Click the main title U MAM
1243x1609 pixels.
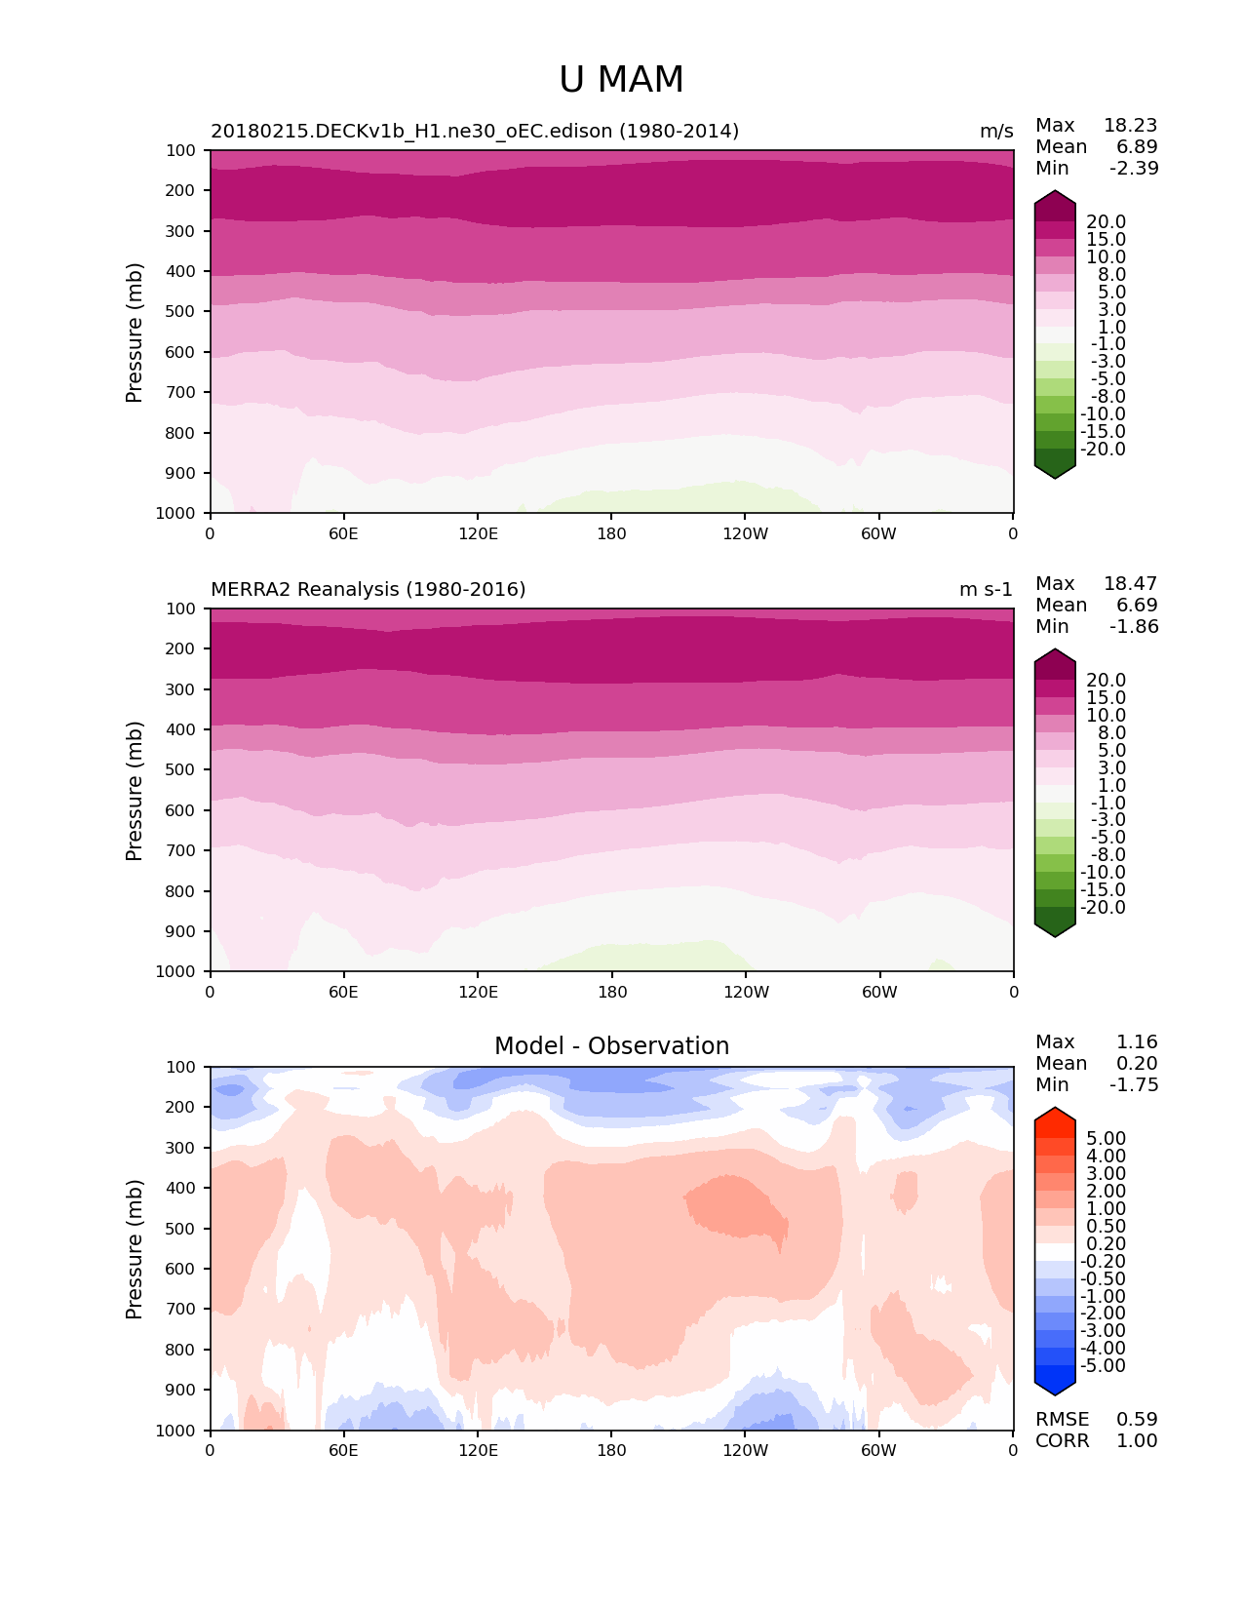click(621, 80)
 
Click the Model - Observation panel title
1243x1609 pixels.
click(611, 1046)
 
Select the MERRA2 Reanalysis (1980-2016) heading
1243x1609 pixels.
click(369, 589)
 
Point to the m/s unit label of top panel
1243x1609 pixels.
click(996, 131)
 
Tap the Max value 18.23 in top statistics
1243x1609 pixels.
click(1130, 125)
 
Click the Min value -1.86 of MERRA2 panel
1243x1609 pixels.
click(1134, 626)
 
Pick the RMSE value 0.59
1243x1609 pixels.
click(1137, 1419)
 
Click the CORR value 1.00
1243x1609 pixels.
click(1137, 1440)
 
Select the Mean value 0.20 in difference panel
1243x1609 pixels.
click(1137, 1063)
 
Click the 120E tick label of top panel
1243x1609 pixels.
click(478, 533)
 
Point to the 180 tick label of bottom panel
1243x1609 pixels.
click(611, 1450)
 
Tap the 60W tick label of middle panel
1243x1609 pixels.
click(879, 992)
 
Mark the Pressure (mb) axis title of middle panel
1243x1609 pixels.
click(135, 790)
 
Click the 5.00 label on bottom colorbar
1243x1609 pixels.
click(1106, 1138)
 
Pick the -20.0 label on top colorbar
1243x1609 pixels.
click(1104, 450)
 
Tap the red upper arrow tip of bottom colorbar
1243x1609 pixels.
click(1055, 1113)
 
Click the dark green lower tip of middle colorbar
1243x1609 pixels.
click(1055, 930)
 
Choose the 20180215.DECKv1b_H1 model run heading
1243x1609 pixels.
click(475, 131)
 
